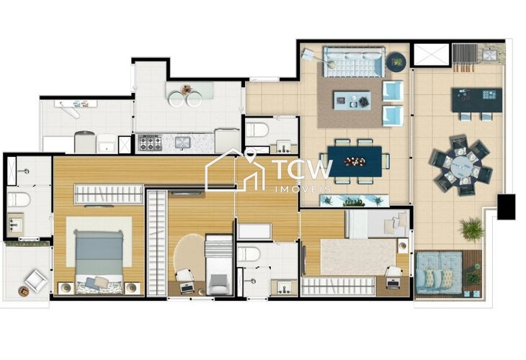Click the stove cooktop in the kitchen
[x=150, y=143]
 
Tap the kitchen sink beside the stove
[x=180, y=142]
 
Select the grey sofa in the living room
[x=353, y=63]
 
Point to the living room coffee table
[x=352, y=100]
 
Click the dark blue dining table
[x=355, y=160]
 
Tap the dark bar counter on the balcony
[x=477, y=100]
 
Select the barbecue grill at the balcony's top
[x=465, y=54]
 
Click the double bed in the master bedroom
[x=99, y=256]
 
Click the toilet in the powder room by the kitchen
[x=257, y=130]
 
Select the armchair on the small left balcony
[x=35, y=281]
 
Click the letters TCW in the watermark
[x=302, y=169]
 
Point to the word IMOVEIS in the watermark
[x=302, y=189]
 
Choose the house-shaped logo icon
[x=235, y=171]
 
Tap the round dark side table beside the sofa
[x=396, y=63]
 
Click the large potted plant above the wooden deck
[x=472, y=229]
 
